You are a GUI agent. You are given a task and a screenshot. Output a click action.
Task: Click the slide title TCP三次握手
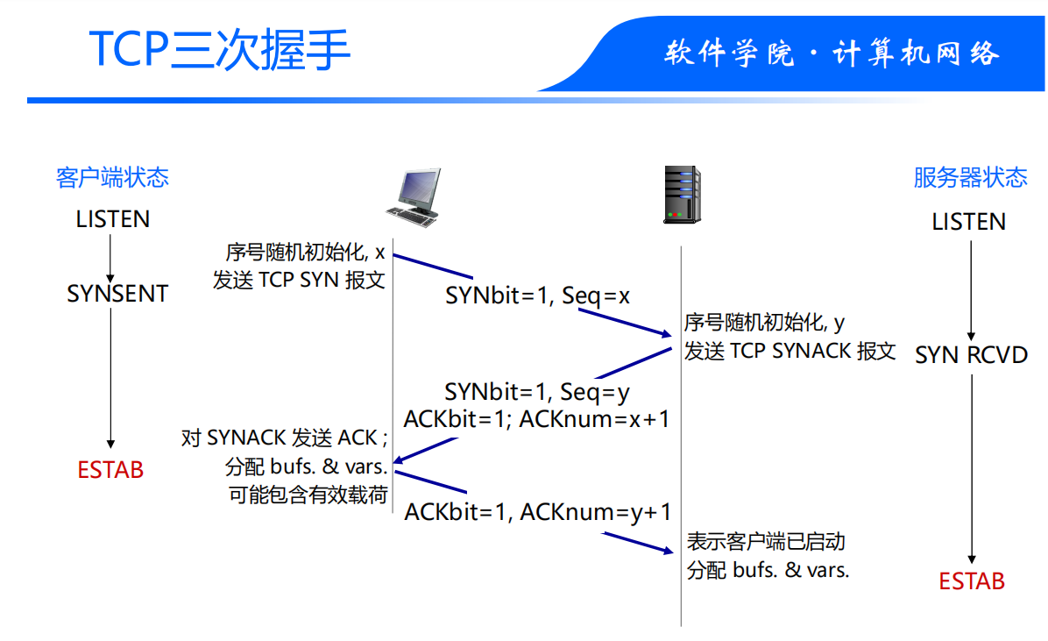220,50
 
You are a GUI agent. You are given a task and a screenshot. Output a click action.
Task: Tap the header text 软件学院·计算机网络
831,53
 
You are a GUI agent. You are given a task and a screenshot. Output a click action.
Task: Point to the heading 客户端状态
112,178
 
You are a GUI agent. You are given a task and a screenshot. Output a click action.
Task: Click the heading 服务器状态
970,178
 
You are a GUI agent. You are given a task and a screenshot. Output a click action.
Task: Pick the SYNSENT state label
117,294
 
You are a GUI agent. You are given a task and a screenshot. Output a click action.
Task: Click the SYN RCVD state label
971,355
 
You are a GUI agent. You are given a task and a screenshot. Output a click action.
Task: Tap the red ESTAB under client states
110,470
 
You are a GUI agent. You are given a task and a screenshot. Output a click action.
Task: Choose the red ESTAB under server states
972,581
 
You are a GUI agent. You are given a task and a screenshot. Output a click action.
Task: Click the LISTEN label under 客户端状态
113,219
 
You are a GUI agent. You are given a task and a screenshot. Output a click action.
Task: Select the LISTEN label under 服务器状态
968,222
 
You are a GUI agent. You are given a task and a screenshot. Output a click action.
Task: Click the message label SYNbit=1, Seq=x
537,296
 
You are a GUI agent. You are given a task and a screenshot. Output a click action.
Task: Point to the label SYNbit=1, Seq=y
536,391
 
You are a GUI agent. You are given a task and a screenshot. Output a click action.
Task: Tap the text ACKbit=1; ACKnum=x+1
536,419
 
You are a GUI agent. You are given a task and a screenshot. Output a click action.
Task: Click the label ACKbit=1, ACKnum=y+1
537,512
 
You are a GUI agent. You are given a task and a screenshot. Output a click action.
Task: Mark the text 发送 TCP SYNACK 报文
790,352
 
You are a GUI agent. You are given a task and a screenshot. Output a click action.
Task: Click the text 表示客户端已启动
765,542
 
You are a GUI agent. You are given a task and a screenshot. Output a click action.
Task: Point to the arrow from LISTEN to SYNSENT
111,256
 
